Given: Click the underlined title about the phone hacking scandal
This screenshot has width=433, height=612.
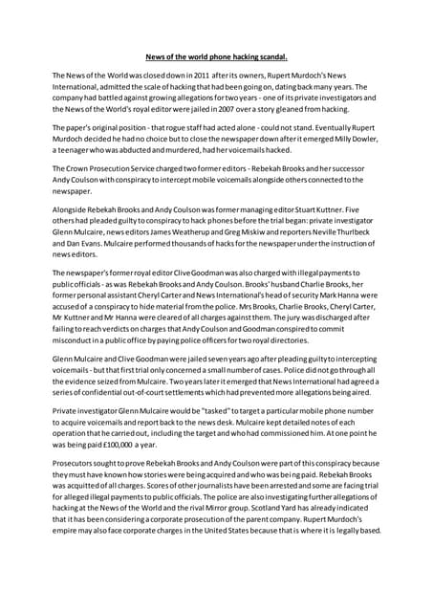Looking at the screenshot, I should [216, 55].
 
